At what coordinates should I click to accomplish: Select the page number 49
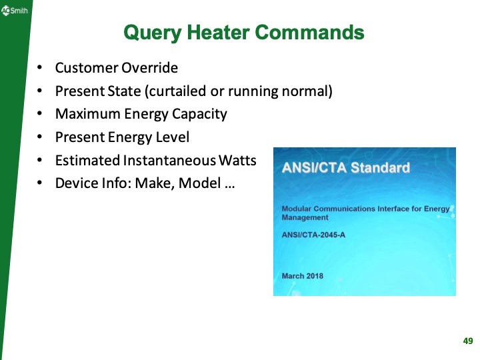(x=467, y=341)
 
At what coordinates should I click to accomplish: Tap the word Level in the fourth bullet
(x=173, y=137)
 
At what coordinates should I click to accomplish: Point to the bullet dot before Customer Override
(x=41, y=68)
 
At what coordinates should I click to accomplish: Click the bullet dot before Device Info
(x=41, y=183)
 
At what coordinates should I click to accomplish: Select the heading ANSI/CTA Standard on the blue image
(x=345, y=167)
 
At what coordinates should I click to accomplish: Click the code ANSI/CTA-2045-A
(x=313, y=234)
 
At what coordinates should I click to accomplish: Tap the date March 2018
(x=302, y=276)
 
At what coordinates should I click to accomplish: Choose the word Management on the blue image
(x=305, y=217)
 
